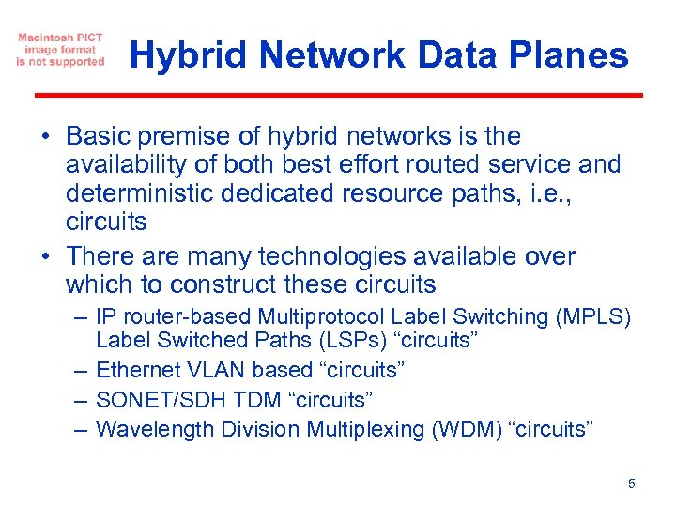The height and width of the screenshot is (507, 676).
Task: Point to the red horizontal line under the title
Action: pos(338,95)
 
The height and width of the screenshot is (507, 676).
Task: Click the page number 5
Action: pos(631,484)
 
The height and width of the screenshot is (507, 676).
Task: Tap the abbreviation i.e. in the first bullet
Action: pos(593,193)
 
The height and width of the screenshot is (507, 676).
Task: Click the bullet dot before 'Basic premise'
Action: pos(45,137)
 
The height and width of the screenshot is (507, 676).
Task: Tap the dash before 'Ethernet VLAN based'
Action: pos(79,370)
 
